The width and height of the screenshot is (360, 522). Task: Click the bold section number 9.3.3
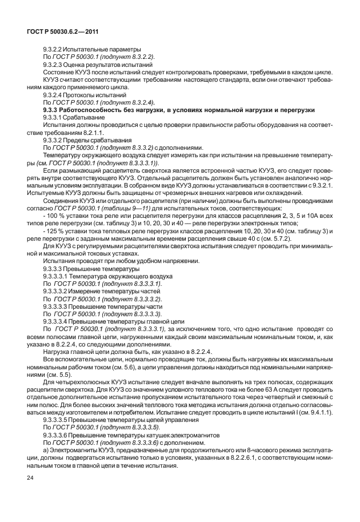pos(53,109)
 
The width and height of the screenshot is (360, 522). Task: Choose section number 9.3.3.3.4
pos(59,321)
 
